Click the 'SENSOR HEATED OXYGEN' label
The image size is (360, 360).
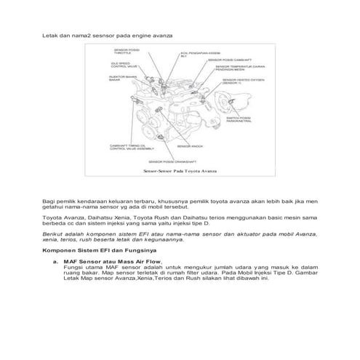click(240, 82)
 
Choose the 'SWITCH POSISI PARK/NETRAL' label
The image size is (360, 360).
click(241, 119)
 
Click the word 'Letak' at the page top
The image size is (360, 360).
click(49, 35)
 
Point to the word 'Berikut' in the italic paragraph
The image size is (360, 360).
click(52, 235)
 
